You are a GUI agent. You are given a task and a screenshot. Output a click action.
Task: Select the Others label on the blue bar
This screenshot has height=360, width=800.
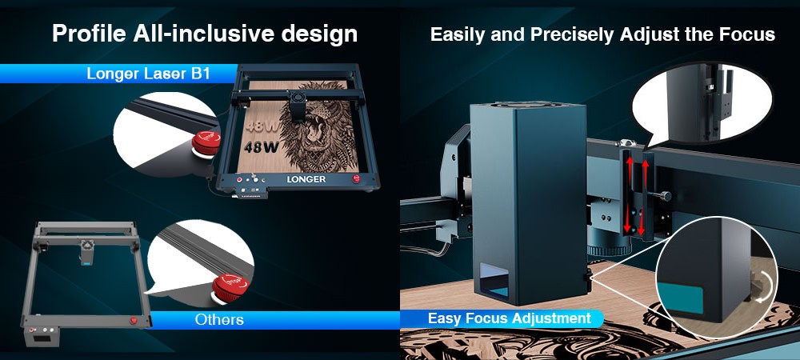(x=219, y=320)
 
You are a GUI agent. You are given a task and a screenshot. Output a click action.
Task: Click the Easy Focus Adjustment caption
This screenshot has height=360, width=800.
(x=509, y=318)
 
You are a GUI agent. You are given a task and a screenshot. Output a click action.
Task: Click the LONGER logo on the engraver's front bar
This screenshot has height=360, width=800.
(x=306, y=179)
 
